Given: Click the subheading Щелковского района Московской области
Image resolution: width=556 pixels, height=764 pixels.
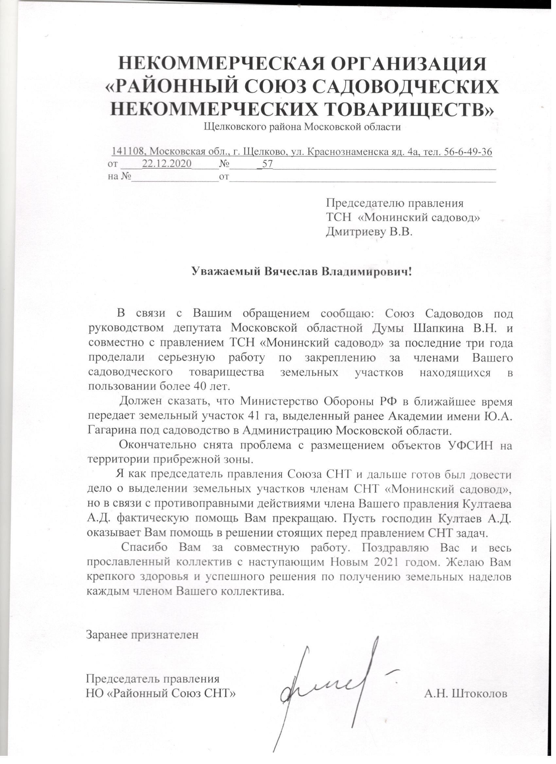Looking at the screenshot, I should [x=302, y=128].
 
